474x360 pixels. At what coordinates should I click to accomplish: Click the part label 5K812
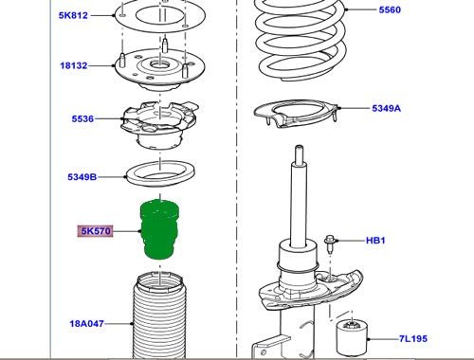[73, 15]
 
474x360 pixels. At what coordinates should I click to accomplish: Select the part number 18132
[74, 65]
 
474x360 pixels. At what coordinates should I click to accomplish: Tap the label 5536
[82, 118]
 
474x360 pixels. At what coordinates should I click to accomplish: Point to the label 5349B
[82, 177]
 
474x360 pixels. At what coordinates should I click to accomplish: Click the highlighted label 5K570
[96, 231]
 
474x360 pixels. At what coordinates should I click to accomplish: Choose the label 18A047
[86, 324]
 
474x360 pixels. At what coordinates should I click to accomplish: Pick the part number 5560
[390, 9]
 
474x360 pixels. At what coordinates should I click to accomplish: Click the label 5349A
[386, 108]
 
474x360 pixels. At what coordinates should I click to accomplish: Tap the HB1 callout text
[375, 241]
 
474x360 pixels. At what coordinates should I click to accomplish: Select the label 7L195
[413, 339]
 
